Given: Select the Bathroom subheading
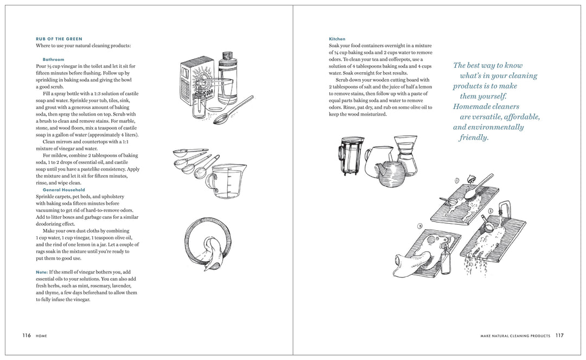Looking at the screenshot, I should tap(53, 59).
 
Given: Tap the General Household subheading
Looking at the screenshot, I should tap(65, 190).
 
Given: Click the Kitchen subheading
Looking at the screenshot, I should tap(337, 39).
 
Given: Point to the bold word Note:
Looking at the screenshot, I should tap(41, 271).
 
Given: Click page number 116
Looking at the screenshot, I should tap(27, 336).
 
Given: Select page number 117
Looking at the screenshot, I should tap(559, 336).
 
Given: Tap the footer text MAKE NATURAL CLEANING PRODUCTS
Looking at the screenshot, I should tap(515, 336).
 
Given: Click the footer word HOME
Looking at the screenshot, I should tap(41, 336).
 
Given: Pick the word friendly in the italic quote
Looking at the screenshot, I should tap(474, 138).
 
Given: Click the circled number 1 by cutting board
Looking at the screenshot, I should tap(457, 180).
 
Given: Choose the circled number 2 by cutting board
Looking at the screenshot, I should tap(490, 211).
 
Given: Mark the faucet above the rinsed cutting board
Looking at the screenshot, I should tap(505, 210).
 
